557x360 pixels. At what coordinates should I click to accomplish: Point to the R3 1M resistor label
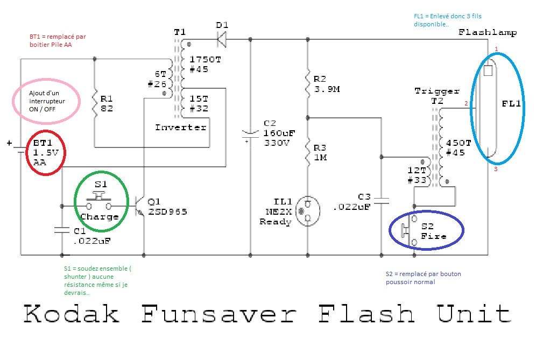[321, 152]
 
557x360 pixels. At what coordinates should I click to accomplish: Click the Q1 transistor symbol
[141, 206]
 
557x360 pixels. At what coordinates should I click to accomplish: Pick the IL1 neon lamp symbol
[308, 210]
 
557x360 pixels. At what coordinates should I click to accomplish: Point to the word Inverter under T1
[181, 128]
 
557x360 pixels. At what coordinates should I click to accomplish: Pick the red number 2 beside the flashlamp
[467, 103]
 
